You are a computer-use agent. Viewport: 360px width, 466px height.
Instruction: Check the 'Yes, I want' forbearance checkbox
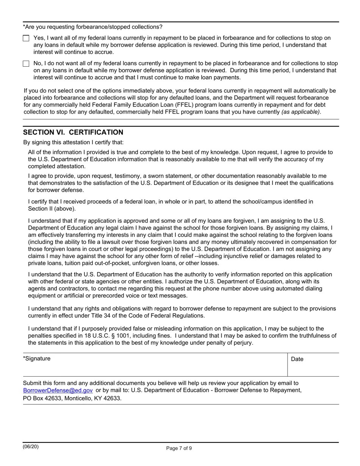[26, 38]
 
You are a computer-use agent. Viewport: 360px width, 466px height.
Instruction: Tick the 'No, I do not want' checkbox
[26, 64]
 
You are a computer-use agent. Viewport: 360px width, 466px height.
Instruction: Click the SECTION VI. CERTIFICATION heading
[73, 132]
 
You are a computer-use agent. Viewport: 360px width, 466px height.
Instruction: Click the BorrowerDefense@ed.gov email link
[58, 390]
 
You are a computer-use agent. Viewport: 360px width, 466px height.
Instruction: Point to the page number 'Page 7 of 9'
[179, 448]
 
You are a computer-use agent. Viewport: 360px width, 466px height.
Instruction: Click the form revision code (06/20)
[30, 447]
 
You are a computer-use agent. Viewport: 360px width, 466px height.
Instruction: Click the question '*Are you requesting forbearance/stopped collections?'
[92, 27]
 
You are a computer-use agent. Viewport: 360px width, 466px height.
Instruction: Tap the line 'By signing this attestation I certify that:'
[73, 142]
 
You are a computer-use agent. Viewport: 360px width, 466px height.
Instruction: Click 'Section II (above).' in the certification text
[52, 209]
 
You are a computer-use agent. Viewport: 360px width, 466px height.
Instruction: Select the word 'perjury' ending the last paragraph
[243, 343]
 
